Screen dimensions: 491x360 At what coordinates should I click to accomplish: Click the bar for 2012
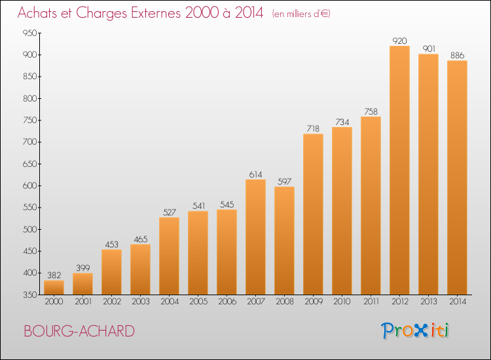click(399, 170)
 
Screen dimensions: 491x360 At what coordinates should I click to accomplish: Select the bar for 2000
click(54, 287)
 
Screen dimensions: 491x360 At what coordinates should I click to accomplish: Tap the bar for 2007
click(255, 237)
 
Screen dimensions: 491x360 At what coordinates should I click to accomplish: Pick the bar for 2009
click(313, 214)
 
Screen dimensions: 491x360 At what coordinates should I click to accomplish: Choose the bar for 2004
click(169, 256)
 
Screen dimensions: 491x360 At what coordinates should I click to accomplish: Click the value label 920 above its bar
click(399, 41)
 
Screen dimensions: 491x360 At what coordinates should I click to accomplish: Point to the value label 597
click(284, 181)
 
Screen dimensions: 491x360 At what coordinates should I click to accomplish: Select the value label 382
click(54, 275)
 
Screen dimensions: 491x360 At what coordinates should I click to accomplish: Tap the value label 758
click(371, 111)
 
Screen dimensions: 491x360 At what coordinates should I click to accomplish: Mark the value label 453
click(111, 244)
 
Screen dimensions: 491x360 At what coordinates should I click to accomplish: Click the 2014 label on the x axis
click(458, 302)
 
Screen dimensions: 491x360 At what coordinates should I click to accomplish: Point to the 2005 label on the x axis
click(198, 302)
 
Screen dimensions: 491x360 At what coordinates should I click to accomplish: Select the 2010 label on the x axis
click(342, 302)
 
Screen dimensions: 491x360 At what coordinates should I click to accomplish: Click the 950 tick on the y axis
click(29, 33)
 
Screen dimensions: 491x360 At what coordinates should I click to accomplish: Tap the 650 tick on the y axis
click(29, 164)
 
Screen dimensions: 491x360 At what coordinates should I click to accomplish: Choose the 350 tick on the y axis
click(29, 295)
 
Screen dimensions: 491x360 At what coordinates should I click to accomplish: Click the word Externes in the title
click(156, 13)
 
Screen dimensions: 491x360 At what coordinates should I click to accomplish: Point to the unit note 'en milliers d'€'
click(301, 14)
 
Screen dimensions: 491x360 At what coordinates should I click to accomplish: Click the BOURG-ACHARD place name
click(79, 331)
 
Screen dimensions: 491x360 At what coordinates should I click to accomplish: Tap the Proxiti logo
click(415, 331)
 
